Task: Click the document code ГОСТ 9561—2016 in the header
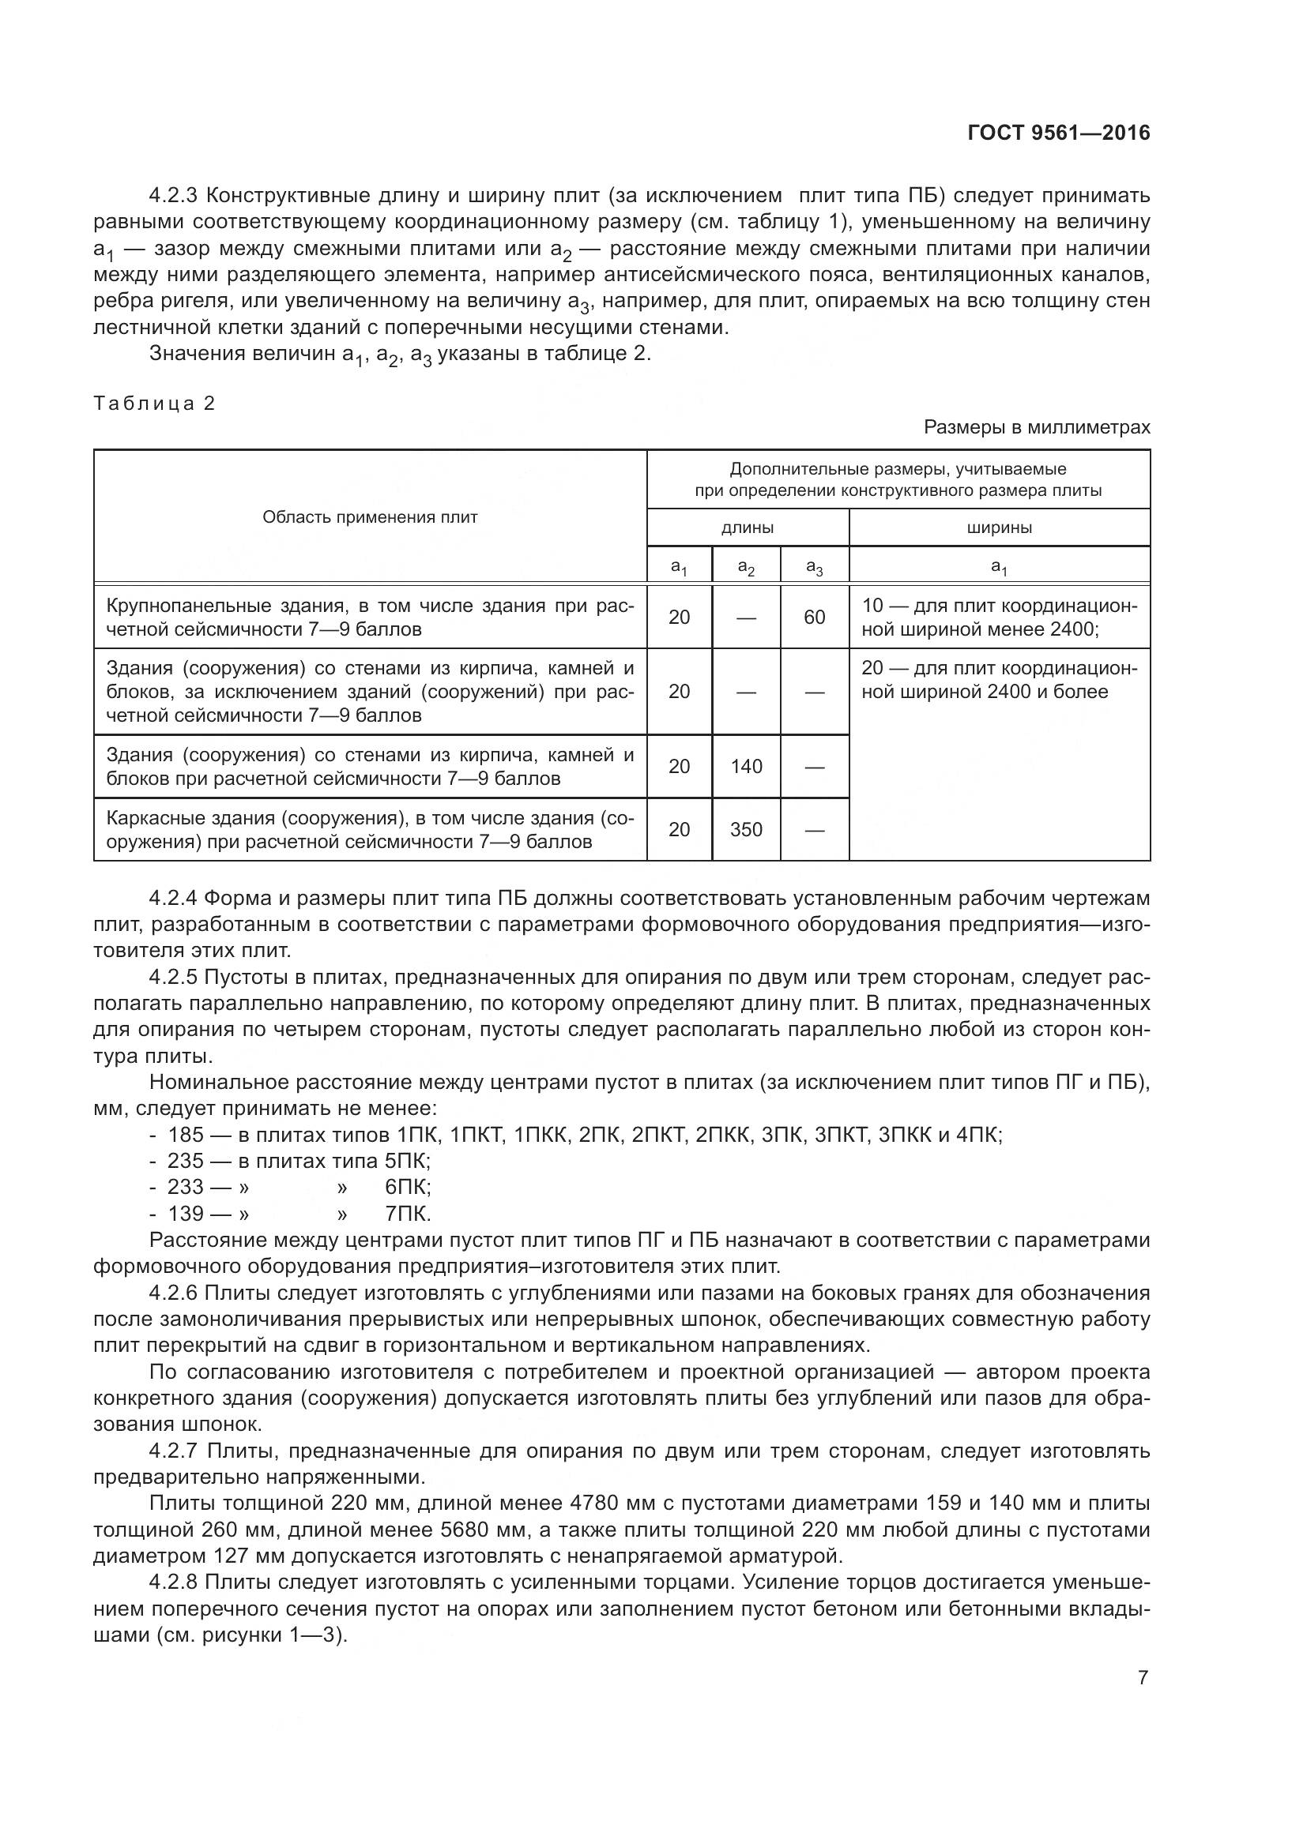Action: tap(1058, 133)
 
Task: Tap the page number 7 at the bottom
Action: tap(1143, 1677)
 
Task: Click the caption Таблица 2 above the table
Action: tap(155, 403)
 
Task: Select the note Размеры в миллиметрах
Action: tap(1037, 427)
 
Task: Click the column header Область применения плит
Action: tap(370, 517)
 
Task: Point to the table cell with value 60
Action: tap(815, 617)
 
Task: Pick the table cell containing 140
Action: tap(746, 767)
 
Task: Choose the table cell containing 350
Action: tap(746, 829)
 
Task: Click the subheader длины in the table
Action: tap(747, 528)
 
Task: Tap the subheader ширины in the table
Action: tap(999, 528)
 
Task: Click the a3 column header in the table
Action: tap(815, 567)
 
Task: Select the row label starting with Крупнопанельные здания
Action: tap(370, 617)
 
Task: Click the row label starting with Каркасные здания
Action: tap(370, 829)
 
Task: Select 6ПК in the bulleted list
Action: tap(408, 1188)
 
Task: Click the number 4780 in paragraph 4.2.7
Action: tap(597, 1503)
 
